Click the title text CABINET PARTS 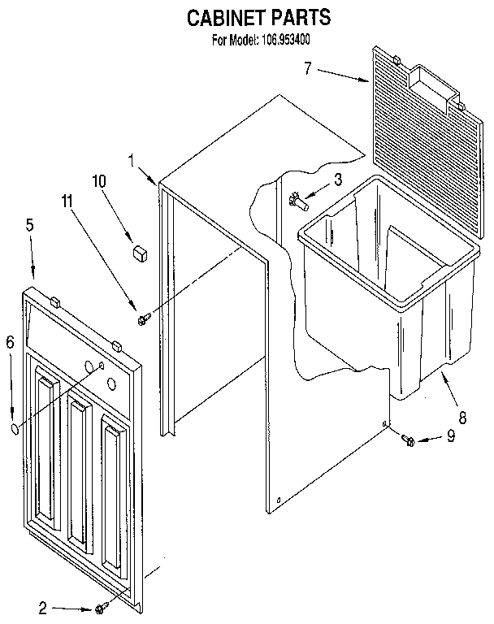point(247,16)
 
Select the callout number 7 point(308,68)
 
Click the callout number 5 point(29,225)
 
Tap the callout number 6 point(10,343)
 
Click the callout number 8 point(461,418)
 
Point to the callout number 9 point(450,437)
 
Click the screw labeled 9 point(409,440)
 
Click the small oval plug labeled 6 point(15,428)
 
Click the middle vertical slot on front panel point(79,471)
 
